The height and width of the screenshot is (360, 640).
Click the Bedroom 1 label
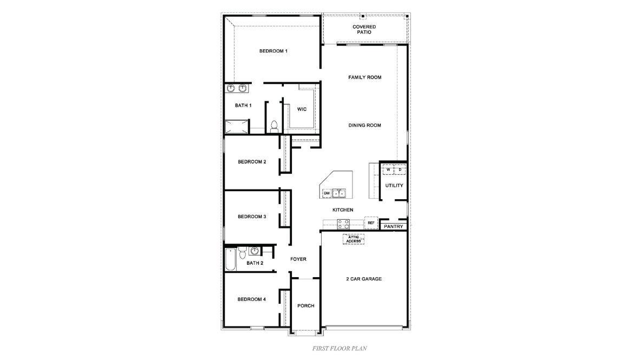(273, 51)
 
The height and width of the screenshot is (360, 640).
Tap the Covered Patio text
(364, 29)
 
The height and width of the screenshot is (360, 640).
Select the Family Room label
(364, 77)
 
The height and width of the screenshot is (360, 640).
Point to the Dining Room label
(364, 125)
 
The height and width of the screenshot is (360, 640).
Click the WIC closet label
(302, 109)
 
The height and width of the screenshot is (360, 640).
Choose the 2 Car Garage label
(364, 279)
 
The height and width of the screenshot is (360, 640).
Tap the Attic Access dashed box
(354, 239)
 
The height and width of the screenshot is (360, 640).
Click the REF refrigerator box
(371, 222)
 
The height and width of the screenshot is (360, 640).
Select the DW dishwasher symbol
(327, 193)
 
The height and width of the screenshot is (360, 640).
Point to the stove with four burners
(343, 224)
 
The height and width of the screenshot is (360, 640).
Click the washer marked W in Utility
(388, 170)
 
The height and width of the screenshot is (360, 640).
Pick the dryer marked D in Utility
(400, 170)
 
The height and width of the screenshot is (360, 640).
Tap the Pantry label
(394, 226)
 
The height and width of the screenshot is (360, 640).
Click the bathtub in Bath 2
(230, 259)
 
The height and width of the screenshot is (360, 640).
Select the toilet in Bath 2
(242, 252)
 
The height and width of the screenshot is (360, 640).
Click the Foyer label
(298, 259)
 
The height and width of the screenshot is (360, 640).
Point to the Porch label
(306, 306)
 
